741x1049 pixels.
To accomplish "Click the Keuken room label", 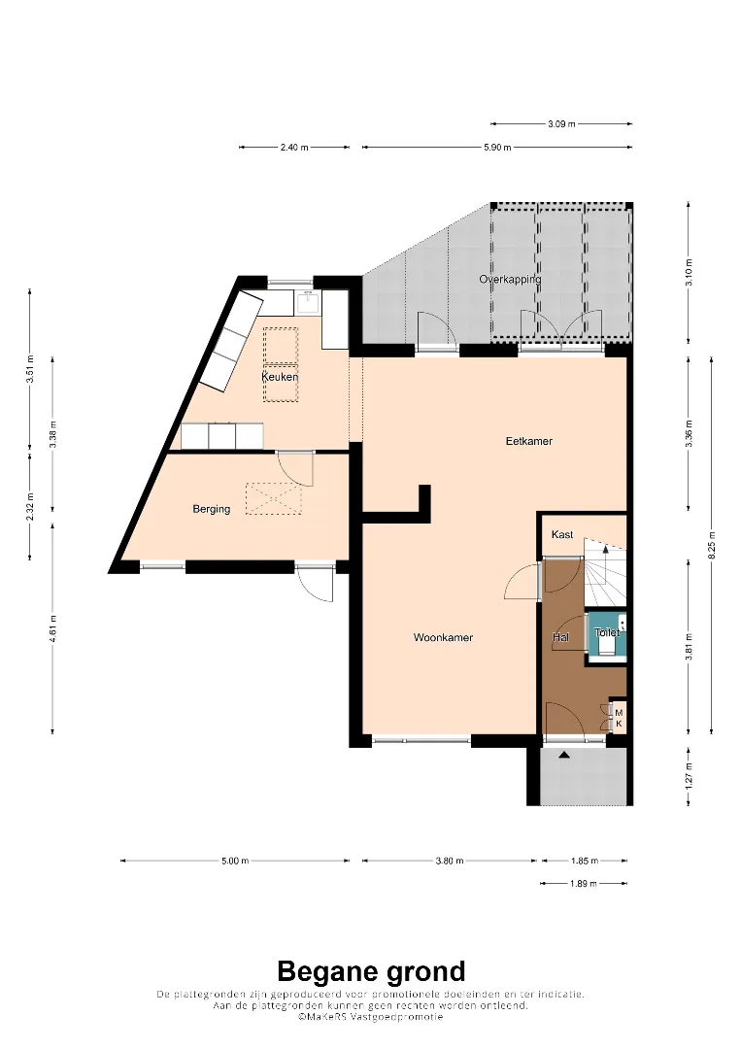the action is tap(280, 377).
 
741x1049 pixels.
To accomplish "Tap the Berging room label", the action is tap(212, 509).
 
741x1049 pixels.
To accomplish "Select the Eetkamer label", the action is tap(529, 441).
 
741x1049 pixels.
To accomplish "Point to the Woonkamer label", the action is tap(444, 637).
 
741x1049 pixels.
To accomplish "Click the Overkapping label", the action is tap(510, 279).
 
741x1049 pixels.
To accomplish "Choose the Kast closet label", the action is tap(562, 534).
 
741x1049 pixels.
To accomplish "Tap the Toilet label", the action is tap(607, 632).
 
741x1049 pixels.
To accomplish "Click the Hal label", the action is tap(560, 637).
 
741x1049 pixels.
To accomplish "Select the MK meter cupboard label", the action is tap(619, 718).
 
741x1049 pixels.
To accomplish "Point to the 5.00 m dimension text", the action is tap(235, 861).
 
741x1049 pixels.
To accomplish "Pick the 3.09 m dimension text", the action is tap(561, 123).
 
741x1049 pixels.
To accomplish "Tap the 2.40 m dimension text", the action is tap(294, 148).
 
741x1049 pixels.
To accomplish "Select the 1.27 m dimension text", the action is tap(689, 776).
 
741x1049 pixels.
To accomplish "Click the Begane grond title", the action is tap(371, 971).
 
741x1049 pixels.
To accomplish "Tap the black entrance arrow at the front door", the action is tap(564, 756).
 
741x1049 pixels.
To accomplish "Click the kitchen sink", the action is tap(309, 302).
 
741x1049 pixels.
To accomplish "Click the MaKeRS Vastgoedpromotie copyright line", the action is tap(371, 1017).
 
